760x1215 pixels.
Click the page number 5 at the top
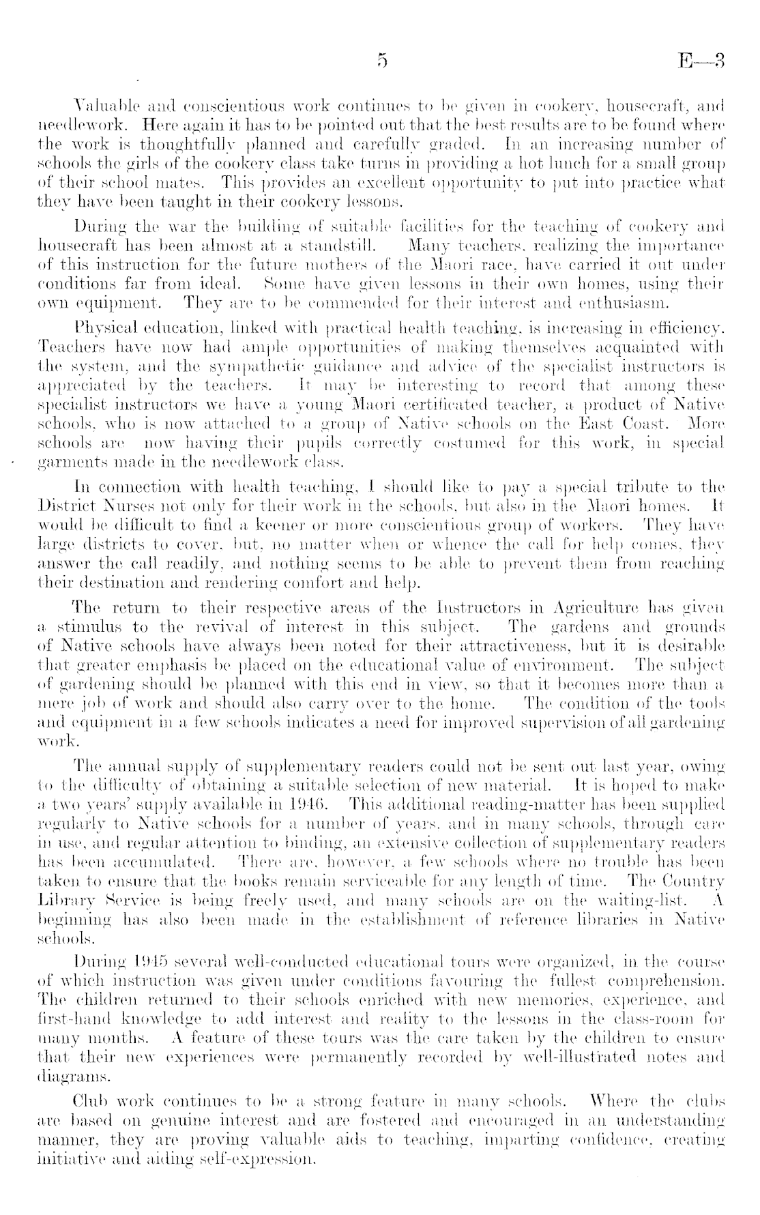381,62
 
